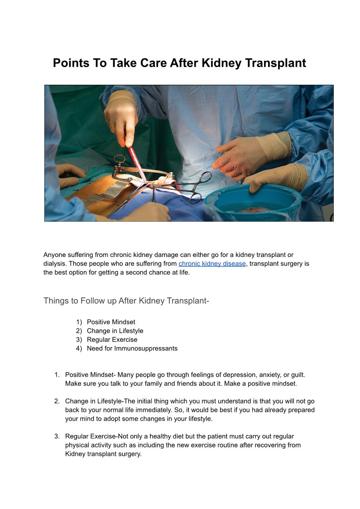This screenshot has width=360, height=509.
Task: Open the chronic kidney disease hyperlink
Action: [212, 264]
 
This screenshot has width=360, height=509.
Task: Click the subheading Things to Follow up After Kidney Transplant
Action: [126, 301]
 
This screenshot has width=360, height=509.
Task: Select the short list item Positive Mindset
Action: [111, 322]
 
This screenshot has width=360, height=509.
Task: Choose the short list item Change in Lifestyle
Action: [115, 331]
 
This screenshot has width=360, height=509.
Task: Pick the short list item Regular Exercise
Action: [112, 339]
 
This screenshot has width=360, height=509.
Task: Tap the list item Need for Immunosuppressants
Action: [132, 349]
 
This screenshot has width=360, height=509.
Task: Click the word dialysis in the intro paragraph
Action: [55, 264]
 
